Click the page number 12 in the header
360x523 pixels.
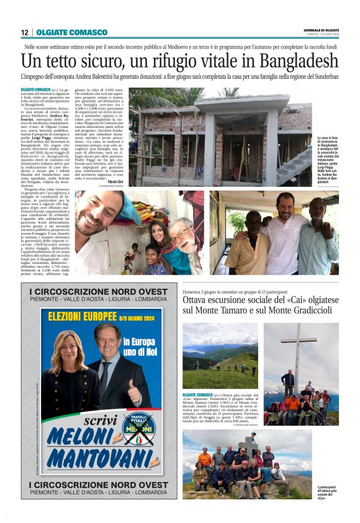(25, 32)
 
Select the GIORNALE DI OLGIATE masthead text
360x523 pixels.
(321, 30)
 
